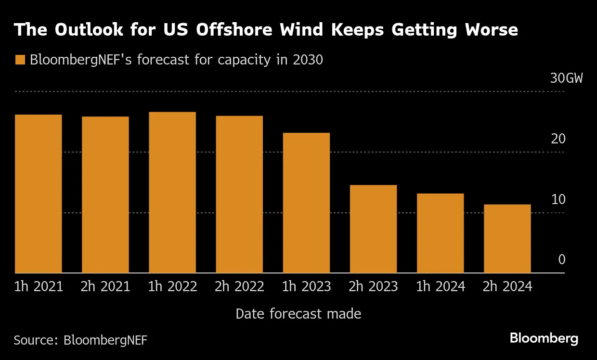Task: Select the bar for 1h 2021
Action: coord(39,193)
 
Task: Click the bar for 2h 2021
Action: coord(105,194)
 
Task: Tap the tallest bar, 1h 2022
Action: coord(172,193)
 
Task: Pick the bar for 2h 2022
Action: coord(239,194)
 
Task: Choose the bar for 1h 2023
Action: coord(306,203)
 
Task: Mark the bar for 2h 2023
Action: coord(373,229)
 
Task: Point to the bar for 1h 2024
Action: coord(440,233)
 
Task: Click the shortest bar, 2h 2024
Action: coord(507,239)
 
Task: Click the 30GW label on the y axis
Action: coord(566,78)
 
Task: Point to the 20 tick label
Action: coord(558,139)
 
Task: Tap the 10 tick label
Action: coord(558,199)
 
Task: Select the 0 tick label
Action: coord(561,260)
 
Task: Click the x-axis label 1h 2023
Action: coord(307,287)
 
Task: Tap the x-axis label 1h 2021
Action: coord(39,287)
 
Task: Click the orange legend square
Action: coord(20,60)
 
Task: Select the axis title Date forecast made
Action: coord(298,314)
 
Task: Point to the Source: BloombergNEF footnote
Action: coord(80,340)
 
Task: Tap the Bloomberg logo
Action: coord(544,338)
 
